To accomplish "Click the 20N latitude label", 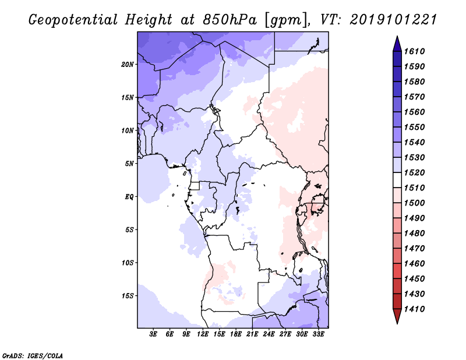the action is coord(128,65).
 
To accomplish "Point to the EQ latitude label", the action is coord(129,197).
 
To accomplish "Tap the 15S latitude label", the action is coord(128,296).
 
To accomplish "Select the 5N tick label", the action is coord(129,164).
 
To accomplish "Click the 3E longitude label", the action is coord(153,334).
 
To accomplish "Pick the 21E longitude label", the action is coord(252,334).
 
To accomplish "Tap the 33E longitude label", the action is coord(318,334).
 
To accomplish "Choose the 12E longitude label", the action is coord(203,334).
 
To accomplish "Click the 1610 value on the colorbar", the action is coord(414,51).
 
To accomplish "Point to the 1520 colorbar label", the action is coord(414,172).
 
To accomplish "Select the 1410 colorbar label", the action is coord(414,309).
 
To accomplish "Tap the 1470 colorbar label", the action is coord(414,249).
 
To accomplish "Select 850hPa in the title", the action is coord(230,20).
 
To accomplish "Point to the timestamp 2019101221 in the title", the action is coord(393,20).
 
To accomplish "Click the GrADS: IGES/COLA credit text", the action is coord(33,355).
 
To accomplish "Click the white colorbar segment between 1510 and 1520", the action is coord(397,180).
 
